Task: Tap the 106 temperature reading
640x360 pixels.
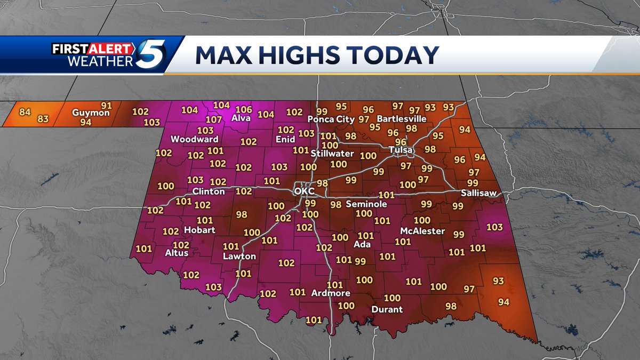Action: [x=244, y=109]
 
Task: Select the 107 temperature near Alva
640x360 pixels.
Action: [x=214, y=119]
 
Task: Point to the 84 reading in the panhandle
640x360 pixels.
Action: [x=25, y=112]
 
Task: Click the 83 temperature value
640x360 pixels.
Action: [x=43, y=119]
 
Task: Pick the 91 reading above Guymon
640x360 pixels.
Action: [x=107, y=105]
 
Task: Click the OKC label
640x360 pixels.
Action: [x=305, y=191]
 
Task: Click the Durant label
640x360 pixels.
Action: [x=387, y=309]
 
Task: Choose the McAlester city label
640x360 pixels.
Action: [x=423, y=231]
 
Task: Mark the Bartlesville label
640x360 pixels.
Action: [x=402, y=118]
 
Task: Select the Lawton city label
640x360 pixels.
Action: [x=239, y=257]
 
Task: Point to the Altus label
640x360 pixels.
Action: [x=177, y=253]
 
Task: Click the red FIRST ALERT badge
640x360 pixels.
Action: [x=91, y=48]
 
